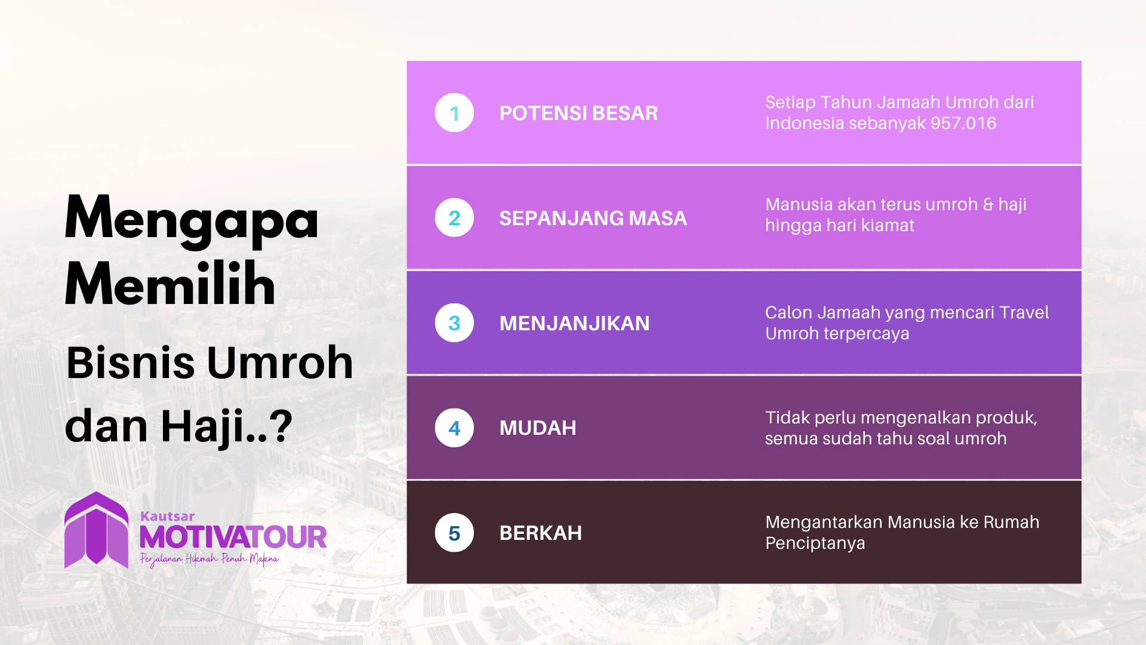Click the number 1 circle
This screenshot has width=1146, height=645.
point(454,113)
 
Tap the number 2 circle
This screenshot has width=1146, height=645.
point(454,218)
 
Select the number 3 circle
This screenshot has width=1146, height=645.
point(454,323)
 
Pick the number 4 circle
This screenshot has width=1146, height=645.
point(454,428)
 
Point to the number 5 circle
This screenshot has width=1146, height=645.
point(454,533)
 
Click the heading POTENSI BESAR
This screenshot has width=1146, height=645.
point(578,113)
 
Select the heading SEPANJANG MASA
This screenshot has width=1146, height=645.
point(593,219)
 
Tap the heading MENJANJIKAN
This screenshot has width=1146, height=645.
point(574,324)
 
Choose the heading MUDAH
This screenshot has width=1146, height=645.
point(537,428)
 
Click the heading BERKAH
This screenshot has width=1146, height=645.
point(540,533)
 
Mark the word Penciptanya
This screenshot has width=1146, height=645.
point(815,543)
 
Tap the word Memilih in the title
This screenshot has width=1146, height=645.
point(170,285)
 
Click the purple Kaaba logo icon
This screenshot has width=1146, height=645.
point(96,530)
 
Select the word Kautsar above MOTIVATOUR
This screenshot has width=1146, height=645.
point(167,517)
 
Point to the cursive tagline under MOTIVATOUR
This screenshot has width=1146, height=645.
point(209,560)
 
